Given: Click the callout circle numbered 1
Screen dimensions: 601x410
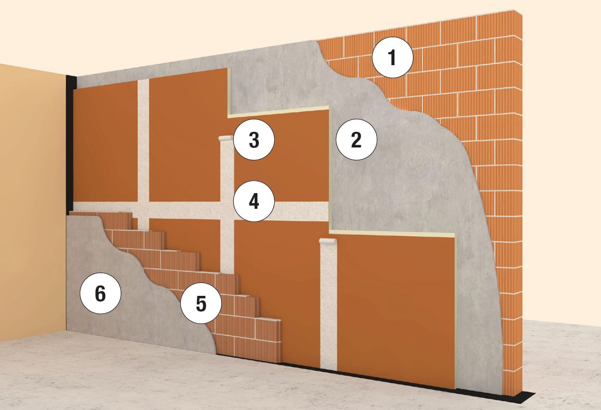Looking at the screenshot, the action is pos(392,58).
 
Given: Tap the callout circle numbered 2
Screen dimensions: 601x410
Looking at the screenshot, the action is pos(356,140).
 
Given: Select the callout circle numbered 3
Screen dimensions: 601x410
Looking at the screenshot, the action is pos(254,140).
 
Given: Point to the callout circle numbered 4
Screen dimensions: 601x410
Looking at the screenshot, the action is pos(254,201).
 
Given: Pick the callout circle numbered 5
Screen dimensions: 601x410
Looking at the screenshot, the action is pos(201,303).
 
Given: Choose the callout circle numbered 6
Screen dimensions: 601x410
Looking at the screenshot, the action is pos(100,293).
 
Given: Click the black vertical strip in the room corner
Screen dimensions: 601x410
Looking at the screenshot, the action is pos(71,145).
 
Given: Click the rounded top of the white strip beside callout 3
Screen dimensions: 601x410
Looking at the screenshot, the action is pos(226,138).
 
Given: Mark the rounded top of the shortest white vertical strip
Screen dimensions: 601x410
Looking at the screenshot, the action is pos(327,241).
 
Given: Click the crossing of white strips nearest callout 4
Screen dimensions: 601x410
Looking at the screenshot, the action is pos(227,211).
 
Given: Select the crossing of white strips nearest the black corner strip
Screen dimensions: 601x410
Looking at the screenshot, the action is pos(143,209).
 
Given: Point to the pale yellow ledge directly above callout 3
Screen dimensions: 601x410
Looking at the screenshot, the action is pos(278,112).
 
